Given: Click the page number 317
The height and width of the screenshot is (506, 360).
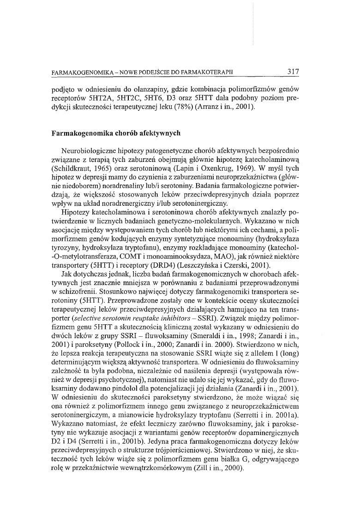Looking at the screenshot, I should coord(293,72).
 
